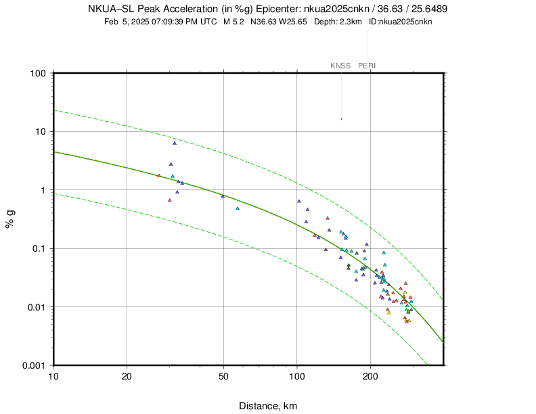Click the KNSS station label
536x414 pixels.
point(340,66)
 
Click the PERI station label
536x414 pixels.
point(367,66)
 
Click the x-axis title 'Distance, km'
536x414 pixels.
point(268,406)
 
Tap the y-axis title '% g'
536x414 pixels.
point(11,219)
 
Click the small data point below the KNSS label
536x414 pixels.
point(341,119)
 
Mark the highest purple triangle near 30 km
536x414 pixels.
point(175,143)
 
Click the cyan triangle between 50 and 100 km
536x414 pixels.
point(238,208)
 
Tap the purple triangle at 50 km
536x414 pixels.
point(223,196)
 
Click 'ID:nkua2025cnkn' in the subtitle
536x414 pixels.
point(401,22)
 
